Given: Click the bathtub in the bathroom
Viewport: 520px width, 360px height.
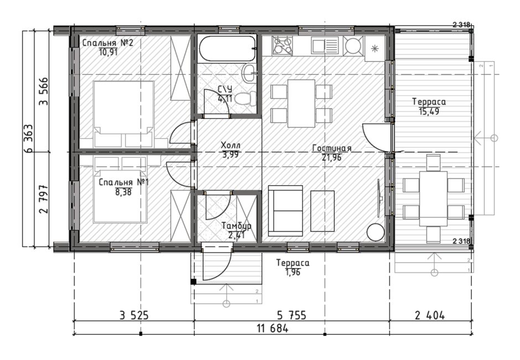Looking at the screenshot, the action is (227, 49).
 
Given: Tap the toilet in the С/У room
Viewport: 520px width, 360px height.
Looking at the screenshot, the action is (247, 99).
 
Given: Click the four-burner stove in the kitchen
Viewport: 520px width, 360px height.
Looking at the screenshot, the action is (282, 45).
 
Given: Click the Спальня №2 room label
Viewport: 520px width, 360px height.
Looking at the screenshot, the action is (108, 43).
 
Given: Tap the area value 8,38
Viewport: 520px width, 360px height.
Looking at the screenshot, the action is (123, 192).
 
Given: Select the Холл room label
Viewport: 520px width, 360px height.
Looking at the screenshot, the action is (231, 145).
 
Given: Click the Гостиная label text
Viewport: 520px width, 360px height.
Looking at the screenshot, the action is (331, 149).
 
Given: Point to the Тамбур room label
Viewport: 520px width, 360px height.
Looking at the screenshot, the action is (236, 226).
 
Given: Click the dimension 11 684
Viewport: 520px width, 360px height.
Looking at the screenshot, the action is (273, 328).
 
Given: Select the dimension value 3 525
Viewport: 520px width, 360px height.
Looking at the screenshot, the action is (134, 315).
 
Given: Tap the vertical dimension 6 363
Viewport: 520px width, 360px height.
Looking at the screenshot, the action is (28, 138).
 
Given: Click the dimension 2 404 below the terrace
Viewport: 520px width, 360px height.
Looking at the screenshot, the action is (430, 315).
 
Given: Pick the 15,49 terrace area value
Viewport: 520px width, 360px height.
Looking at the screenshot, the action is (429, 111).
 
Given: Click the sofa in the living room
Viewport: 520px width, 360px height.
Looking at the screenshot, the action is (285, 211).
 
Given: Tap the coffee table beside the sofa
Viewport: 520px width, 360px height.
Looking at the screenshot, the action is (323, 211).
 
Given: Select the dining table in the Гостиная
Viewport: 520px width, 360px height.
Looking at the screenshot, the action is (301, 103).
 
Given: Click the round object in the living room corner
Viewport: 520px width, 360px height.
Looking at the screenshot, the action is (376, 232).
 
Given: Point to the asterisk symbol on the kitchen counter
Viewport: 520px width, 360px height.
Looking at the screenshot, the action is (375, 49).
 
